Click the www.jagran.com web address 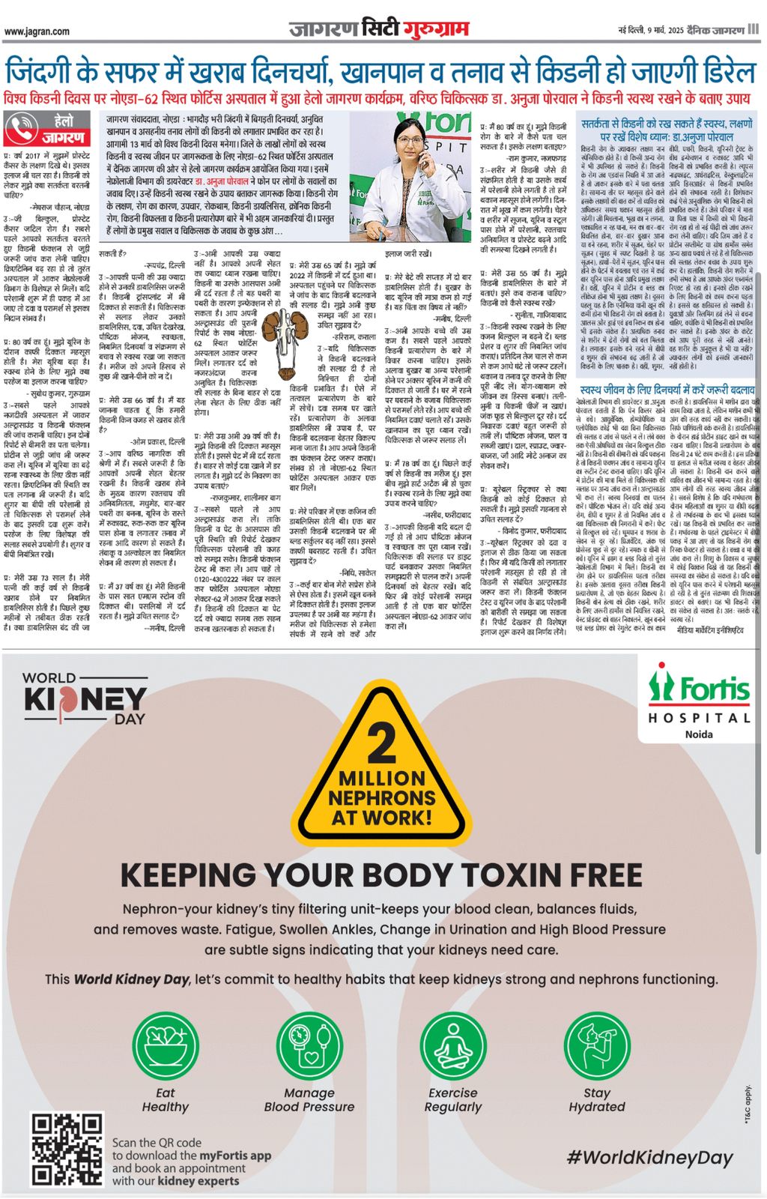37,31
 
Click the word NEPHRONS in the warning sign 381,798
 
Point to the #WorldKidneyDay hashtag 649,1158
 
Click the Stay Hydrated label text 596,1100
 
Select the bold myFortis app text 234,1156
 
